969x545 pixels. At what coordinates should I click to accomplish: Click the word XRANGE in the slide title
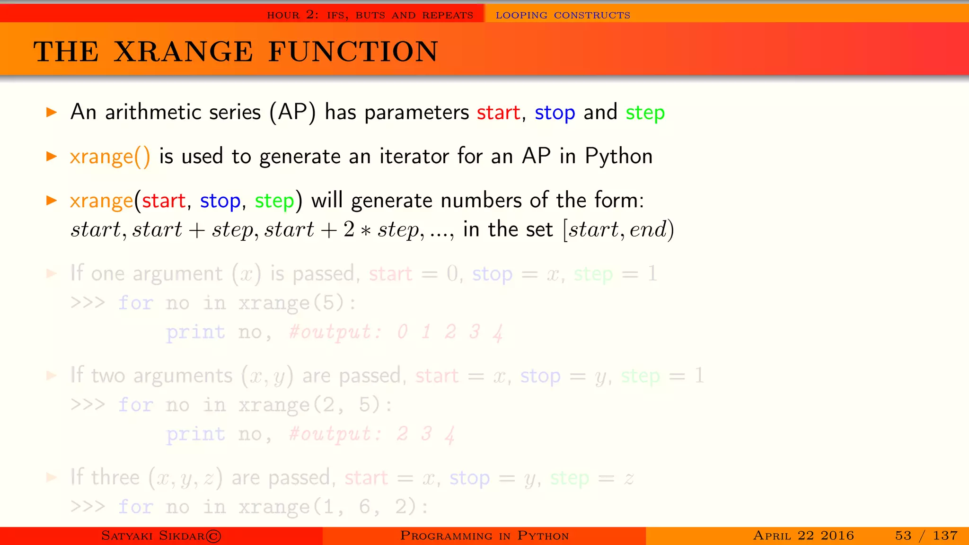tap(184, 52)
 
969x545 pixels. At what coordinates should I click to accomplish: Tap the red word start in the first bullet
tap(498, 113)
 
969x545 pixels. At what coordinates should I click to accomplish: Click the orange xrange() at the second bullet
tap(110, 157)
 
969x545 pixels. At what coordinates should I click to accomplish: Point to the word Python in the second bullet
tap(618, 157)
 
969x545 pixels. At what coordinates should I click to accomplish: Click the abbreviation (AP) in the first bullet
tap(292, 113)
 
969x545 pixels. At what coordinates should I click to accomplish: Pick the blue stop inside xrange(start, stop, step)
tap(220, 201)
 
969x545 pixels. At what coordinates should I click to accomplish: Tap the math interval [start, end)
tap(618, 230)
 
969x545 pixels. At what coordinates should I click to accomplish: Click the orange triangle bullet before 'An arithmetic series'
tap(52, 112)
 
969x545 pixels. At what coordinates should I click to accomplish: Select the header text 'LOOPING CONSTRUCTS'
tap(563, 15)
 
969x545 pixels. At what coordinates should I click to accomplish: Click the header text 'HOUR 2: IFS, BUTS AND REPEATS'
tap(370, 15)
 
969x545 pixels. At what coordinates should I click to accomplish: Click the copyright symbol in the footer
tap(214, 536)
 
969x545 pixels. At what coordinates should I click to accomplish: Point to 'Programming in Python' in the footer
tap(484, 536)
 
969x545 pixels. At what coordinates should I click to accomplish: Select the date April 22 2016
tap(803, 536)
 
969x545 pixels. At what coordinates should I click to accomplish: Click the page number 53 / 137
tap(926, 536)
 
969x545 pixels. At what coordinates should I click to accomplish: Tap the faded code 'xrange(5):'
tap(297, 303)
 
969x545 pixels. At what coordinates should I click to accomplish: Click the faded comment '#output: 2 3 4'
tap(372, 434)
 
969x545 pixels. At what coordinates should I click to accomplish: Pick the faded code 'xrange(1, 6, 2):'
tap(333, 507)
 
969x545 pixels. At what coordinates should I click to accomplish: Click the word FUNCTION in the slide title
tap(353, 52)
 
